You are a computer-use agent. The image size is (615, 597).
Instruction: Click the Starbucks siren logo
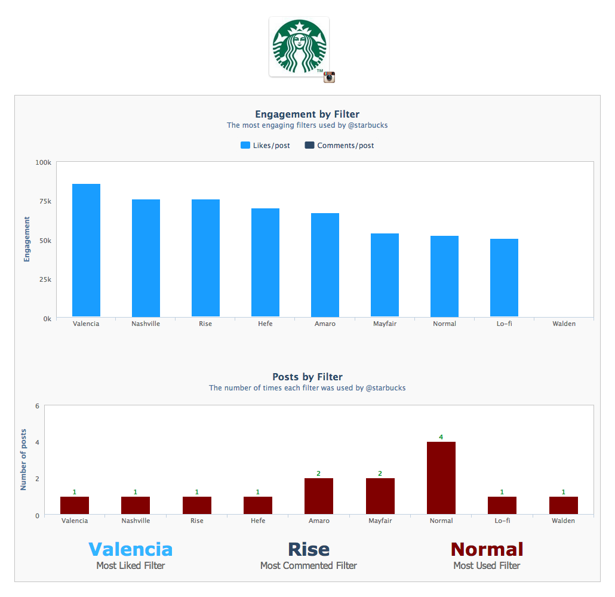299,47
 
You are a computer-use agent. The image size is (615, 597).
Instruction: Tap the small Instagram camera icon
329,77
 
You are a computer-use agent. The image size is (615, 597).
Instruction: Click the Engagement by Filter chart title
307,114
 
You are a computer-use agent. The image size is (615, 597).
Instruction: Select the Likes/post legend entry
265,146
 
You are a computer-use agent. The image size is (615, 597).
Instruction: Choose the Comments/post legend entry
339,146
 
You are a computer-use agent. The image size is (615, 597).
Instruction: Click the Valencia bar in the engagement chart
86,251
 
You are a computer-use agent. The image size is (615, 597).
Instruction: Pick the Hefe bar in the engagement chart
265,263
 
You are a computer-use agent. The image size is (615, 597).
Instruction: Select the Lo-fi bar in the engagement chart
504,278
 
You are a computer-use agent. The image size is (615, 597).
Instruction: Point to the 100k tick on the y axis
44,162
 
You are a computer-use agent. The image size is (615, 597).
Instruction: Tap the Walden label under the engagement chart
564,324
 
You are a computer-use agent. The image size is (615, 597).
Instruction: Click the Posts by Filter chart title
307,377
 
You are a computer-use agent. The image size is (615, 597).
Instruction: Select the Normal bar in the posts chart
441,478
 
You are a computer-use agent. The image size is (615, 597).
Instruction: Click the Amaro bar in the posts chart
319,496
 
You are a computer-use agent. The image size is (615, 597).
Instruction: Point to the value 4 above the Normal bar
441,437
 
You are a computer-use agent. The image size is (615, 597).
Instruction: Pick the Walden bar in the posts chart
564,505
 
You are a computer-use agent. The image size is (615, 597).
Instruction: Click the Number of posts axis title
24,460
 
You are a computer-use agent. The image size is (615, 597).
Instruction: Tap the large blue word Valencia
130,549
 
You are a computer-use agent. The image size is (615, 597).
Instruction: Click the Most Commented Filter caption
308,565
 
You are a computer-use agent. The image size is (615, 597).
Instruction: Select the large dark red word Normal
487,549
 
